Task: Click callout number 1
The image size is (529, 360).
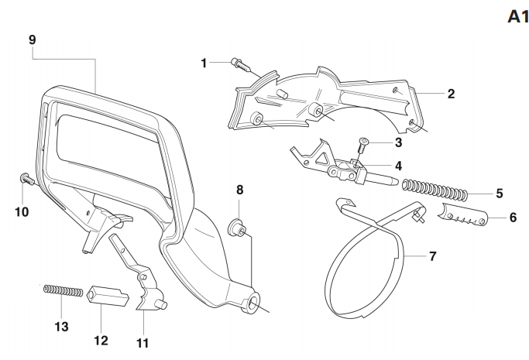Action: coord(204,62)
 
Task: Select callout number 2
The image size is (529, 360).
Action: coord(450,94)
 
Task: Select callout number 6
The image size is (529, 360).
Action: coord(512,219)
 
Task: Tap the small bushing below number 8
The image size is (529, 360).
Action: coord(239,227)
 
